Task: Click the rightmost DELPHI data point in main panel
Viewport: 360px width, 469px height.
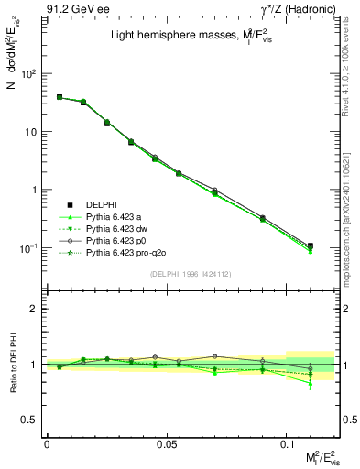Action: [310, 246]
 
